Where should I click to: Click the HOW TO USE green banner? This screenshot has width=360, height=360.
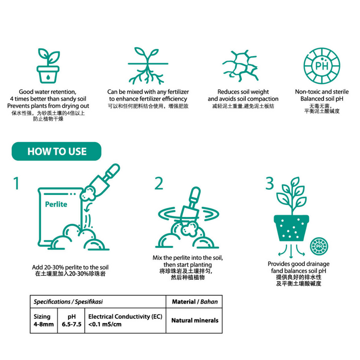(57, 151)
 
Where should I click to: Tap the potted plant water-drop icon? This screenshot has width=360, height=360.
(48, 67)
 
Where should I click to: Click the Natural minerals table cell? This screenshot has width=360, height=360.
(194, 320)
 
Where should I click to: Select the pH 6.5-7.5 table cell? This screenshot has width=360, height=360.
(71, 320)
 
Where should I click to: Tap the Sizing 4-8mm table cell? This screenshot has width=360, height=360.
(43, 320)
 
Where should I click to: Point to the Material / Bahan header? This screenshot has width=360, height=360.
(194, 301)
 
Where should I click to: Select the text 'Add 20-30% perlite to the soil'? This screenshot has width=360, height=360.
(70, 267)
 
